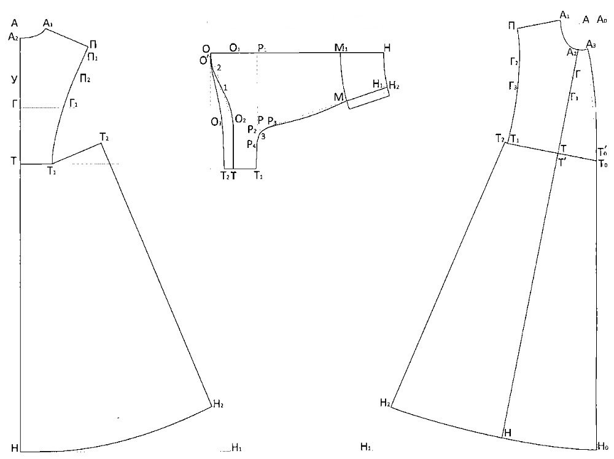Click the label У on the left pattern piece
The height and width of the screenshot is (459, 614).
coord(14,79)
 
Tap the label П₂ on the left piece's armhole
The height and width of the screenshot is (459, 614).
coord(85,78)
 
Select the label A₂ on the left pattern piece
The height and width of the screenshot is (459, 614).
coord(14,37)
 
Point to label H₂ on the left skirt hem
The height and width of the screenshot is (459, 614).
coord(219,404)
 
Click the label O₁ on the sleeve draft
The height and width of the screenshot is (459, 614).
coord(236,48)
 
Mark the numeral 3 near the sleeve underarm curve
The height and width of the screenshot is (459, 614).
coord(263,136)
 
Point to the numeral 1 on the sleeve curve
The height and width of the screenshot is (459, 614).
coord(225,88)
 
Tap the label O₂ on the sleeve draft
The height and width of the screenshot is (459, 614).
coord(240,118)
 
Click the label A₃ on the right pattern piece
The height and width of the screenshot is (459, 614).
coord(591,44)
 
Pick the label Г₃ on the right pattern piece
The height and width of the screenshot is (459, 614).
coord(513,87)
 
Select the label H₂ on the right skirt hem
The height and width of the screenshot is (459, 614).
coord(386,403)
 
